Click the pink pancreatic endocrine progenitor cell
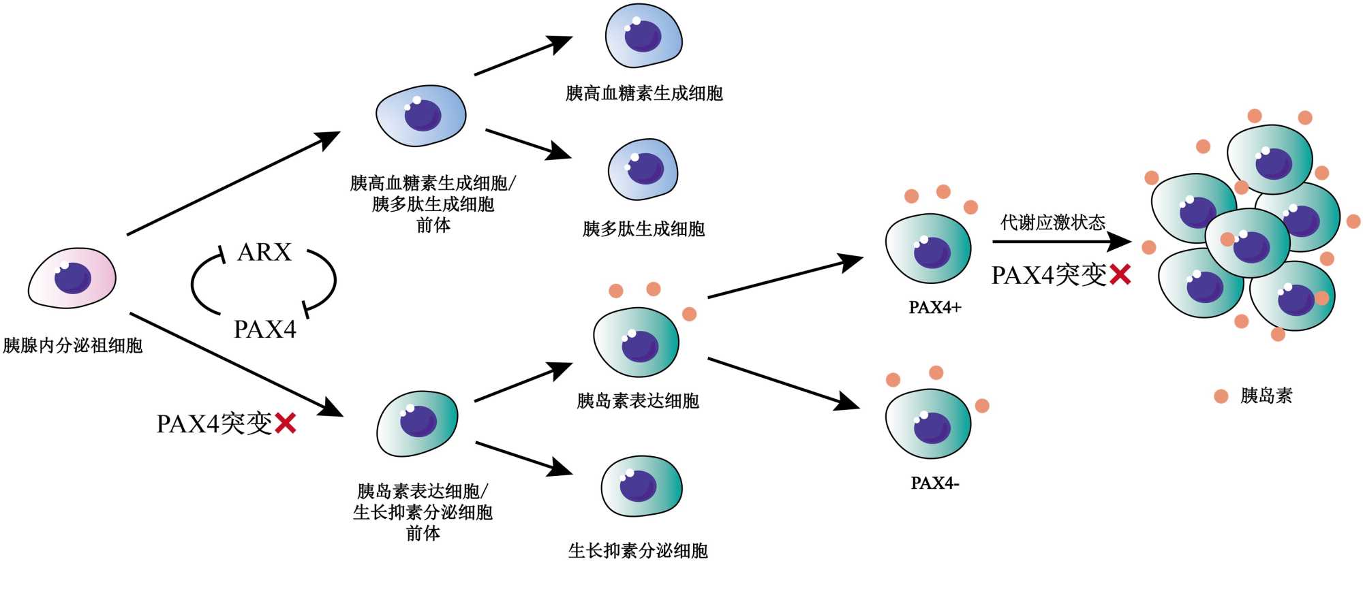(x=72, y=278)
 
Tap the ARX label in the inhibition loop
(x=264, y=253)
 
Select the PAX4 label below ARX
(x=265, y=330)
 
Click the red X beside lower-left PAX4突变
(x=285, y=424)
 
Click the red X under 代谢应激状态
(x=1120, y=275)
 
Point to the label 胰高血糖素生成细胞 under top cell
(x=644, y=93)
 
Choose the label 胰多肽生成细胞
(x=643, y=229)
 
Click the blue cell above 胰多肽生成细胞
(x=643, y=169)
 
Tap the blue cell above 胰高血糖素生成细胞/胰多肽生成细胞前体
(x=421, y=116)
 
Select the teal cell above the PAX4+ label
(x=928, y=249)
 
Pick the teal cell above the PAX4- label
(x=928, y=425)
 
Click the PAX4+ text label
(x=935, y=308)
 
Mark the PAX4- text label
(x=935, y=483)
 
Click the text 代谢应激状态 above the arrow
(x=1053, y=223)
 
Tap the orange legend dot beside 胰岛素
(x=1221, y=396)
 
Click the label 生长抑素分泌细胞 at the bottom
(x=638, y=550)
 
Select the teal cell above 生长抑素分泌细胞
(x=641, y=486)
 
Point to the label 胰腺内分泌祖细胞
(x=73, y=346)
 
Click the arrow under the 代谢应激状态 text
(x=1060, y=242)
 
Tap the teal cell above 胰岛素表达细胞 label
(x=637, y=342)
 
